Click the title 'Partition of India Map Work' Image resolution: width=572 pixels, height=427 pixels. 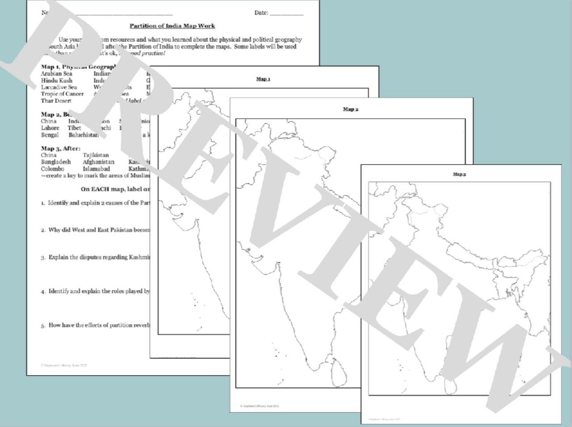pyautogui.click(x=172, y=26)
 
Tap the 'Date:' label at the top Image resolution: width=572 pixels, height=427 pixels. pyautogui.click(x=261, y=12)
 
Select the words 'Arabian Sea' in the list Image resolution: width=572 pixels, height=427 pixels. pyautogui.click(x=57, y=74)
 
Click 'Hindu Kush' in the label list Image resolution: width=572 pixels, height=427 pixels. pyautogui.click(x=57, y=80)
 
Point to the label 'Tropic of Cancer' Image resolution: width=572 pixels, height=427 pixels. pyautogui.click(x=62, y=94)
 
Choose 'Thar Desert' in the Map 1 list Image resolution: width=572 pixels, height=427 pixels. pyautogui.click(x=56, y=100)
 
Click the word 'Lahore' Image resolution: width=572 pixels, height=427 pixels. pyautogui.click(x=50, y=128)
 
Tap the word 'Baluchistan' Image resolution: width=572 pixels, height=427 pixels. pyautogui.click(x=84, y=134)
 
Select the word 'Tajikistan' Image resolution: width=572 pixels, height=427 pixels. pyautogui.click(x=96, y=155)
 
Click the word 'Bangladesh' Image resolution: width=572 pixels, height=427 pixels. pyautogui.click(x=56, y=162)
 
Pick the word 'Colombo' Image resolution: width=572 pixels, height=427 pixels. pyautogui.click(x=53, y=169)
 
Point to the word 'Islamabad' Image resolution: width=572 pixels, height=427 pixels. pyautogui.click(x=96, y=169)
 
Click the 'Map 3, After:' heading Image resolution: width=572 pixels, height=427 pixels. pyautogui.click(x=61, y=148)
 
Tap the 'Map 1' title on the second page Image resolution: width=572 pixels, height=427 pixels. pyautogui.click(x=263, y=79)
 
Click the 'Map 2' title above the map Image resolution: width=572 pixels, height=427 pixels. pyautogui.click(x=350, y=109)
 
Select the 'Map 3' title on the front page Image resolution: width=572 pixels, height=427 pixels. pyautogui.click(x=459, y=174)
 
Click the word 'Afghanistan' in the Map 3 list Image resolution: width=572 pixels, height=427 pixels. pyautogui.click(x=98, y=162)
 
